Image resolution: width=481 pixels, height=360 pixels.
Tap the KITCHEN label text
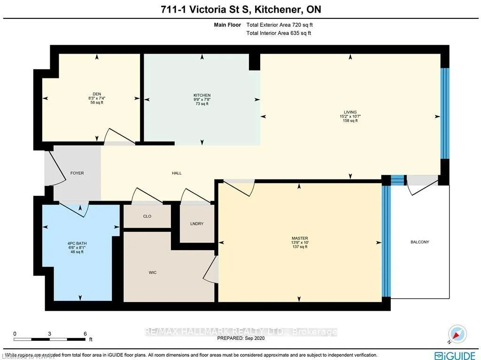tap(202, 95)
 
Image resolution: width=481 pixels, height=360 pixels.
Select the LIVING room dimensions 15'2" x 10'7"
tap(350, 116)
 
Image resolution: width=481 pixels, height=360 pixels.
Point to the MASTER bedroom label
tap(300, 238)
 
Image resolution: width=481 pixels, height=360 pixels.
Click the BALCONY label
tap(419, 242)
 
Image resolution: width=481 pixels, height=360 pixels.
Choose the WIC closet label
tap(152, 272)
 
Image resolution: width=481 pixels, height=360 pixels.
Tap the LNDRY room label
tap(197, 224)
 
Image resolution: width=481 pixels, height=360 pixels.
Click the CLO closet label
tap(147, 217)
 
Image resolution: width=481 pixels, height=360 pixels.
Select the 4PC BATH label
tap(77, 243)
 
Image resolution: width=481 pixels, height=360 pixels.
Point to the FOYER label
tap(77, 173)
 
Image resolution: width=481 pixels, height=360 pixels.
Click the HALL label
tap(177, 173)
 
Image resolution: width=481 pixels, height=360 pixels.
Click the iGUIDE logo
tap(453, 355)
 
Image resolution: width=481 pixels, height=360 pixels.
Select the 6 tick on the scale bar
tap(85, 334)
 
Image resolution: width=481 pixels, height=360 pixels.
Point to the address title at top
tap(240, 10)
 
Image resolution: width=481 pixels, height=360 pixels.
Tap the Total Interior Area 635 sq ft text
tap(279, 33)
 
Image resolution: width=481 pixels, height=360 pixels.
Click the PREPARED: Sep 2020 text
tap(240, 338)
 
